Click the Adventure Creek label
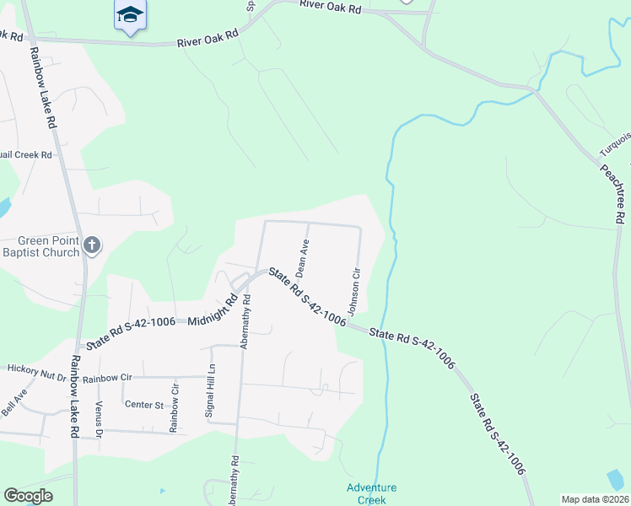371,493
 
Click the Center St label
144,405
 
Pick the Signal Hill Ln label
212,392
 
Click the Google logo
28,496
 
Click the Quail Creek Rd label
25,154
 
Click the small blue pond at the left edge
3,206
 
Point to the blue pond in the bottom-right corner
617,479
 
